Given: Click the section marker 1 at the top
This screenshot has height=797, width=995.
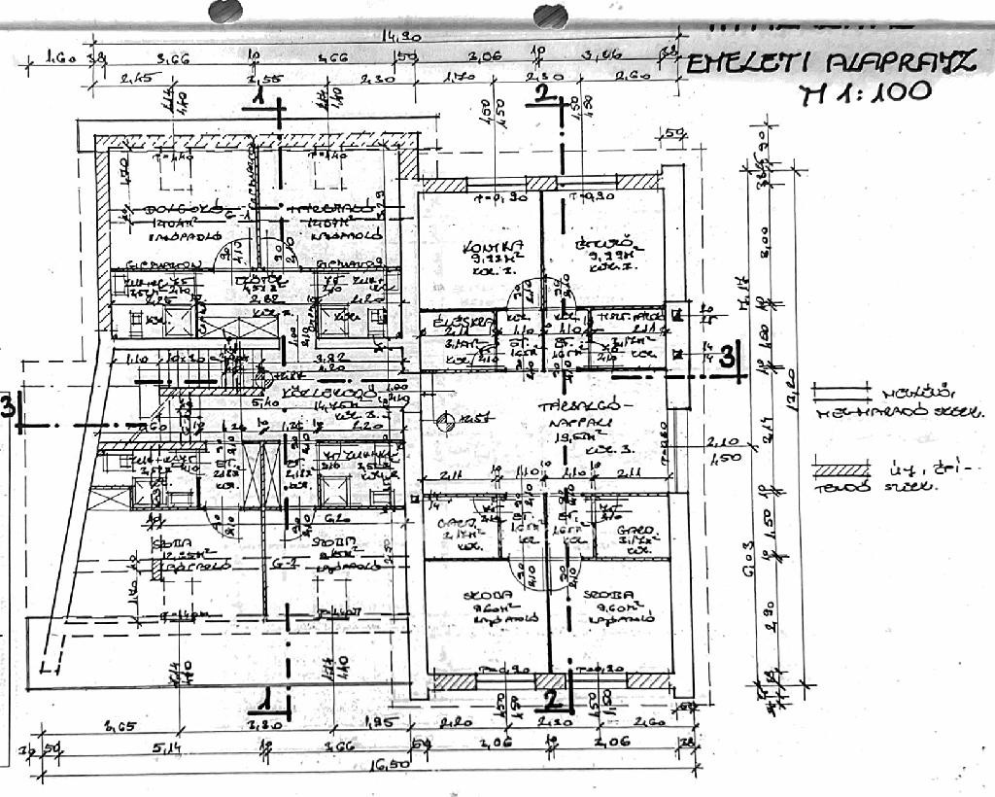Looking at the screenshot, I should (257, 98).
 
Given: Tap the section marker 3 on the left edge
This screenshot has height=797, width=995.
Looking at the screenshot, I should (8, 406).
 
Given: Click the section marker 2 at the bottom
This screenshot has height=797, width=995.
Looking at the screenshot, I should (551, 697).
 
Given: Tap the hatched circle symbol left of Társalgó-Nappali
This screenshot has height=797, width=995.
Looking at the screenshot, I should (446, 422).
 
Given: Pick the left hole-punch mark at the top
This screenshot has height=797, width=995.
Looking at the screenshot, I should (225, 11).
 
